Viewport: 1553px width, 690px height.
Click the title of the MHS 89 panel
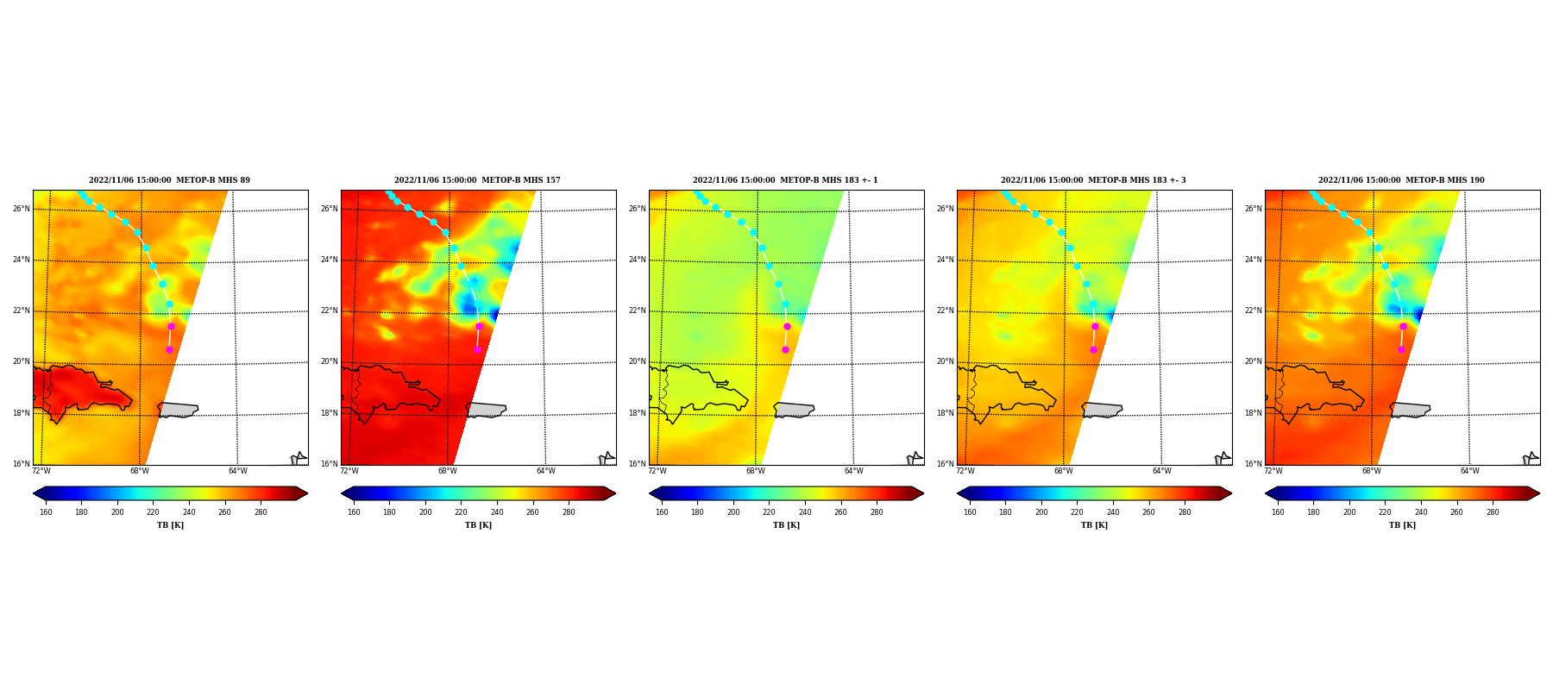click(x=169, y=180)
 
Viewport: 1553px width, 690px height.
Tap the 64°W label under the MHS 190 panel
click(x=1470, y=471)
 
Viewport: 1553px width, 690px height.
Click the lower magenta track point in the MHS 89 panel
click(x=169, y=349)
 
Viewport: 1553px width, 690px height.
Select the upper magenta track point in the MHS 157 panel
click(x=479, y=326)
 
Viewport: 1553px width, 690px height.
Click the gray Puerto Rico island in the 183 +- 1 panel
click(x=794, y=410)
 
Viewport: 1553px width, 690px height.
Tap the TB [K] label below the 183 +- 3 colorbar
click(x=1094, y=525)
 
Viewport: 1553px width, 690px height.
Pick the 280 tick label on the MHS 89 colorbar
click(x=261, y=512)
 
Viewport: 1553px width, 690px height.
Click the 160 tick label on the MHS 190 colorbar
click(x=1278, y=512)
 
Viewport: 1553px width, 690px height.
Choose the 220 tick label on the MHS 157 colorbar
click(x=461, y=512)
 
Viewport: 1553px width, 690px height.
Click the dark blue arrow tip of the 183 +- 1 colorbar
click(x=651, y=493)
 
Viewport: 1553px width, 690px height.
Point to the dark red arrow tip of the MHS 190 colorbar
click(x=1538, y=493)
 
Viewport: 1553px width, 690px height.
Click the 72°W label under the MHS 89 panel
click(x=41, y=471)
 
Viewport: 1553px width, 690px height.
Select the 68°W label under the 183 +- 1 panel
click(x=756, y=471)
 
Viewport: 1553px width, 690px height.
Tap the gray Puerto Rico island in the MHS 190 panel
click(x=1410, y=410)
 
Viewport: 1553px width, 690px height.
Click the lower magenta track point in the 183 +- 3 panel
click(x=1093, y=349)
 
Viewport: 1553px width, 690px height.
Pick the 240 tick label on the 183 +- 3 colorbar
click(x=1113, y=512)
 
